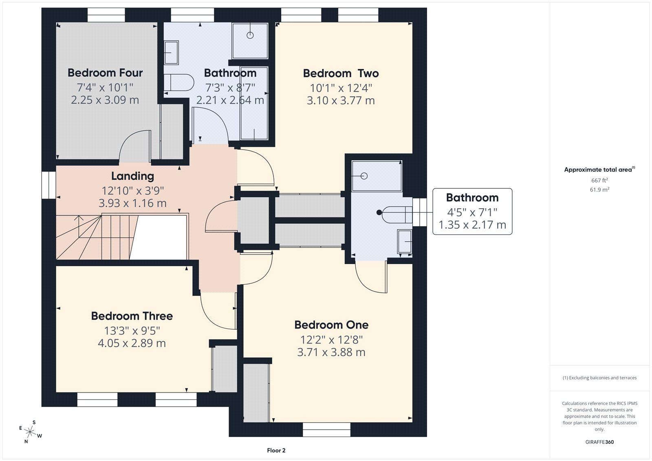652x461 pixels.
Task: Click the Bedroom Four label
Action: click(x=105, y=73)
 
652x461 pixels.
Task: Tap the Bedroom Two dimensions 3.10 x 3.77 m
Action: click(x=341, y=100)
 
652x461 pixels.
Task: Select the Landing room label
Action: click(x=133, y=176)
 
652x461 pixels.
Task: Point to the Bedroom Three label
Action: click(x=132, y=316)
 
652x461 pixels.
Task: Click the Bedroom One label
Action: click(x=331, y=325)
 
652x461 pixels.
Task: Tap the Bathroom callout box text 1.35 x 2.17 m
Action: click(x=472, y=225)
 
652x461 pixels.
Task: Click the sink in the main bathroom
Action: click(x=171, y=53)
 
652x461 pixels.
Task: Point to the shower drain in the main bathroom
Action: click(x=250, y=35)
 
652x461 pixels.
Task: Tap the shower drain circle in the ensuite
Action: click(x=364, y=176)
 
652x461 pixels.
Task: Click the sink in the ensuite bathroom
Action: click(x=405, y=241)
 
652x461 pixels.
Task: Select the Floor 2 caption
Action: click(x=276, y=450)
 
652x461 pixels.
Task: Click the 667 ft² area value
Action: click(x=599, y=180)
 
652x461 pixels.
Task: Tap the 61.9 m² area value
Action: click(x=599, y=190)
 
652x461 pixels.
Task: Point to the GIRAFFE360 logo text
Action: click(x=599, y=442)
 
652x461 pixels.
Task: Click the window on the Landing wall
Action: click(x=48, y=185)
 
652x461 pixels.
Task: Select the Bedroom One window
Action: click(x=326, y=430)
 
